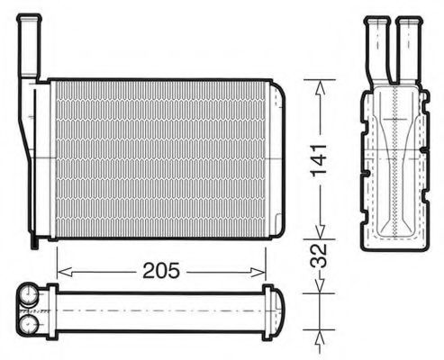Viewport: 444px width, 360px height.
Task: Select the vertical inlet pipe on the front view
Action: pos(31,45)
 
